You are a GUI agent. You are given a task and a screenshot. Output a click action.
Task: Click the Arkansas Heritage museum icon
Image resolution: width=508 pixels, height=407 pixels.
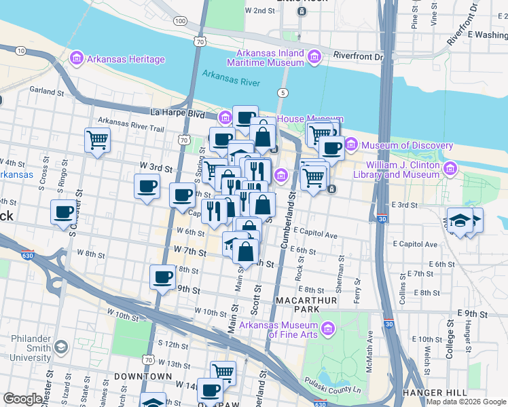76,59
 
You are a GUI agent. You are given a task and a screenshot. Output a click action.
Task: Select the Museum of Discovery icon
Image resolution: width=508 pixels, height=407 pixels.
351,145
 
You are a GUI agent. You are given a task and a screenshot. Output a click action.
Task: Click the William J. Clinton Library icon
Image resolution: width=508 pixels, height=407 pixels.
450,168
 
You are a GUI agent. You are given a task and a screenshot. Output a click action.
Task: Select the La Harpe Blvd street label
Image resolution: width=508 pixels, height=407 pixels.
177,112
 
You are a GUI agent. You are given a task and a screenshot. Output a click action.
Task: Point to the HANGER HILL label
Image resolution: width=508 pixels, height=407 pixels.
434,393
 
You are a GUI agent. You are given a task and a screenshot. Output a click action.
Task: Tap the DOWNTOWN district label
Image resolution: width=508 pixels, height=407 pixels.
143,376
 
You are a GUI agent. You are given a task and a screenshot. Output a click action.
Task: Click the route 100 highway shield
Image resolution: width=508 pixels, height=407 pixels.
179,22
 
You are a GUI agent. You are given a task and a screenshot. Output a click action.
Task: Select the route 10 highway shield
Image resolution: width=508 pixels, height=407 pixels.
20,50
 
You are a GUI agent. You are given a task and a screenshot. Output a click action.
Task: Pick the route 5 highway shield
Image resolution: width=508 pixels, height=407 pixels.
281,92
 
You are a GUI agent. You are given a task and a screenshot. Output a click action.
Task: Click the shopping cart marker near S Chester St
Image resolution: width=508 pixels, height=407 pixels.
98,140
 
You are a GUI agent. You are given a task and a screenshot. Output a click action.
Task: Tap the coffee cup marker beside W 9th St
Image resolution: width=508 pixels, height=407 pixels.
163,277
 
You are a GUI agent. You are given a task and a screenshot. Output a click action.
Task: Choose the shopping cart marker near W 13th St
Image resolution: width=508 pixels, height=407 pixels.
223,372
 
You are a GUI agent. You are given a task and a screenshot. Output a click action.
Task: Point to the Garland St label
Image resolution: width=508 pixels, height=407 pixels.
41,90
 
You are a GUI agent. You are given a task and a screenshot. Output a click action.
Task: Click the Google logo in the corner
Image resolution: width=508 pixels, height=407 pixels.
23,399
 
